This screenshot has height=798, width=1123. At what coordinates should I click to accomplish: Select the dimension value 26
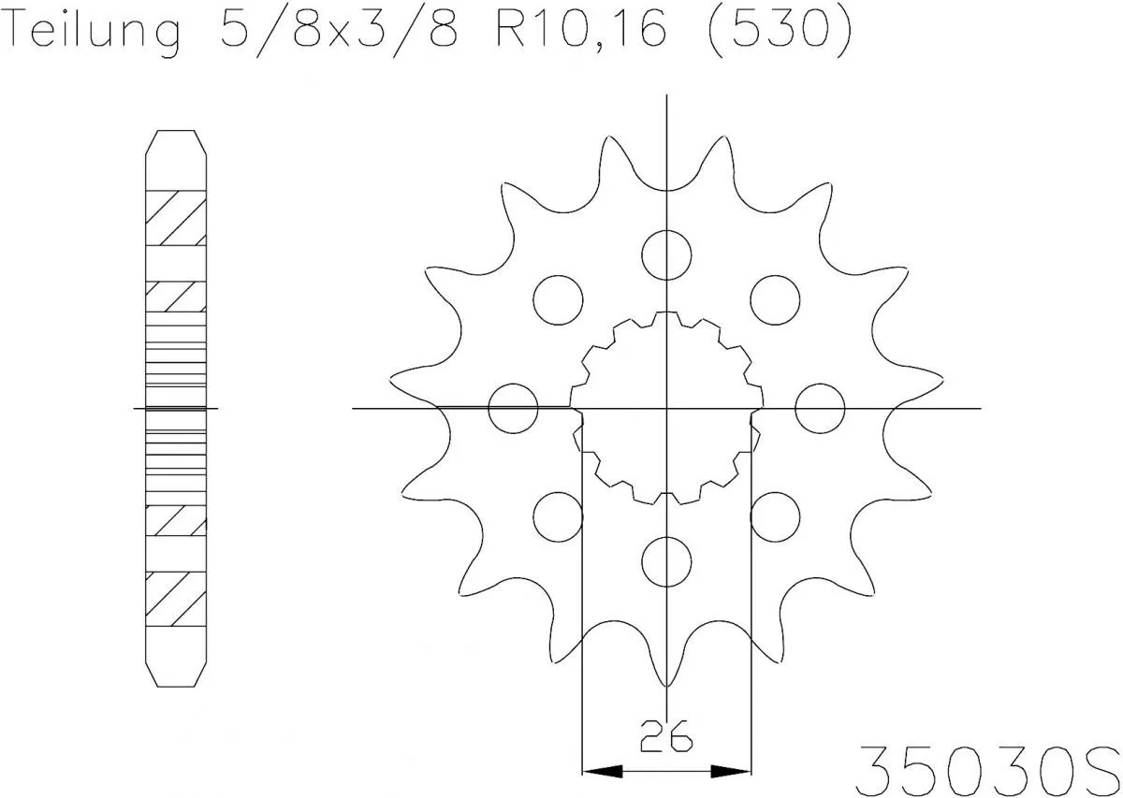[666, 738]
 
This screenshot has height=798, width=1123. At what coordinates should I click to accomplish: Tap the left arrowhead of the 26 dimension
[601, 772]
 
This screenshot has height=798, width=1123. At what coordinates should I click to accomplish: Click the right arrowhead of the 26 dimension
[732, 772]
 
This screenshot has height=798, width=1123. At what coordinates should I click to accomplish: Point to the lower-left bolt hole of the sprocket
[558, 515]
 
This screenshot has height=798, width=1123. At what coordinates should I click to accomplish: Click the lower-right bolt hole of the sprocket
[775, 515]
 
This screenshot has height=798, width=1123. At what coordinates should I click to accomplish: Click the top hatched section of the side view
[175, 219]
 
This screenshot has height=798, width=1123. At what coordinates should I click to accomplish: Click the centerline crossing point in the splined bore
[666, 408]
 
